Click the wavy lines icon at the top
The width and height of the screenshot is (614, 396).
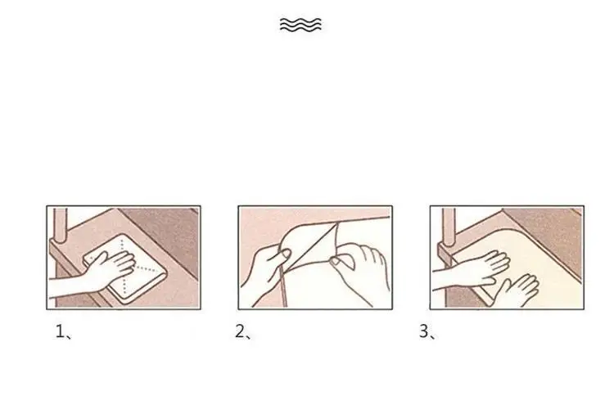point(300,25)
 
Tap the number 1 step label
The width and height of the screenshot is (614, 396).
point(63,332)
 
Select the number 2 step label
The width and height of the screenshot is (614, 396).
point(243,332)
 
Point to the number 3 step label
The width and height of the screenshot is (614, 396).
point(427,332)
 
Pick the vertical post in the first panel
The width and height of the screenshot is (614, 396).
point(60,224)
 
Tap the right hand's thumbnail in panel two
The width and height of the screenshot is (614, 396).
point(336,261)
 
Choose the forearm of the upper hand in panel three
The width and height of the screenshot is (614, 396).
point(446,279)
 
